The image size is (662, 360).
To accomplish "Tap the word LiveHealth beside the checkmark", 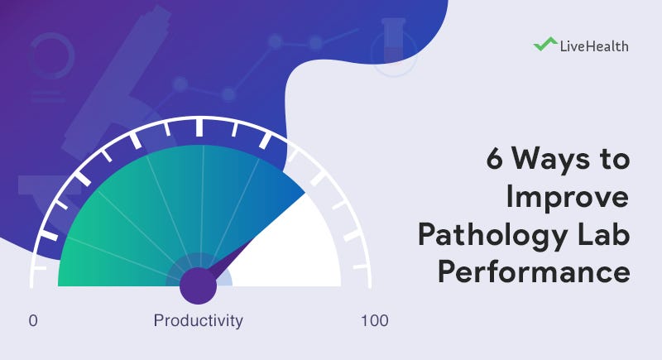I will [592, 46].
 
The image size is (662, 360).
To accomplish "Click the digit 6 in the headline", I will [494, 161].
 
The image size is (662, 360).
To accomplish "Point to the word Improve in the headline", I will [567, 198].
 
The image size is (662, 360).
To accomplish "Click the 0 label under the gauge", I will [33, 321].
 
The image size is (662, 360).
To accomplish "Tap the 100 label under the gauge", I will [374, 321].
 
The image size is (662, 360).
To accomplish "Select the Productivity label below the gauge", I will [199, 321].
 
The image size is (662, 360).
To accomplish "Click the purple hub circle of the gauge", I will [198, 286].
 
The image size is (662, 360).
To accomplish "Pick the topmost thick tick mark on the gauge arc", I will [199, 127].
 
